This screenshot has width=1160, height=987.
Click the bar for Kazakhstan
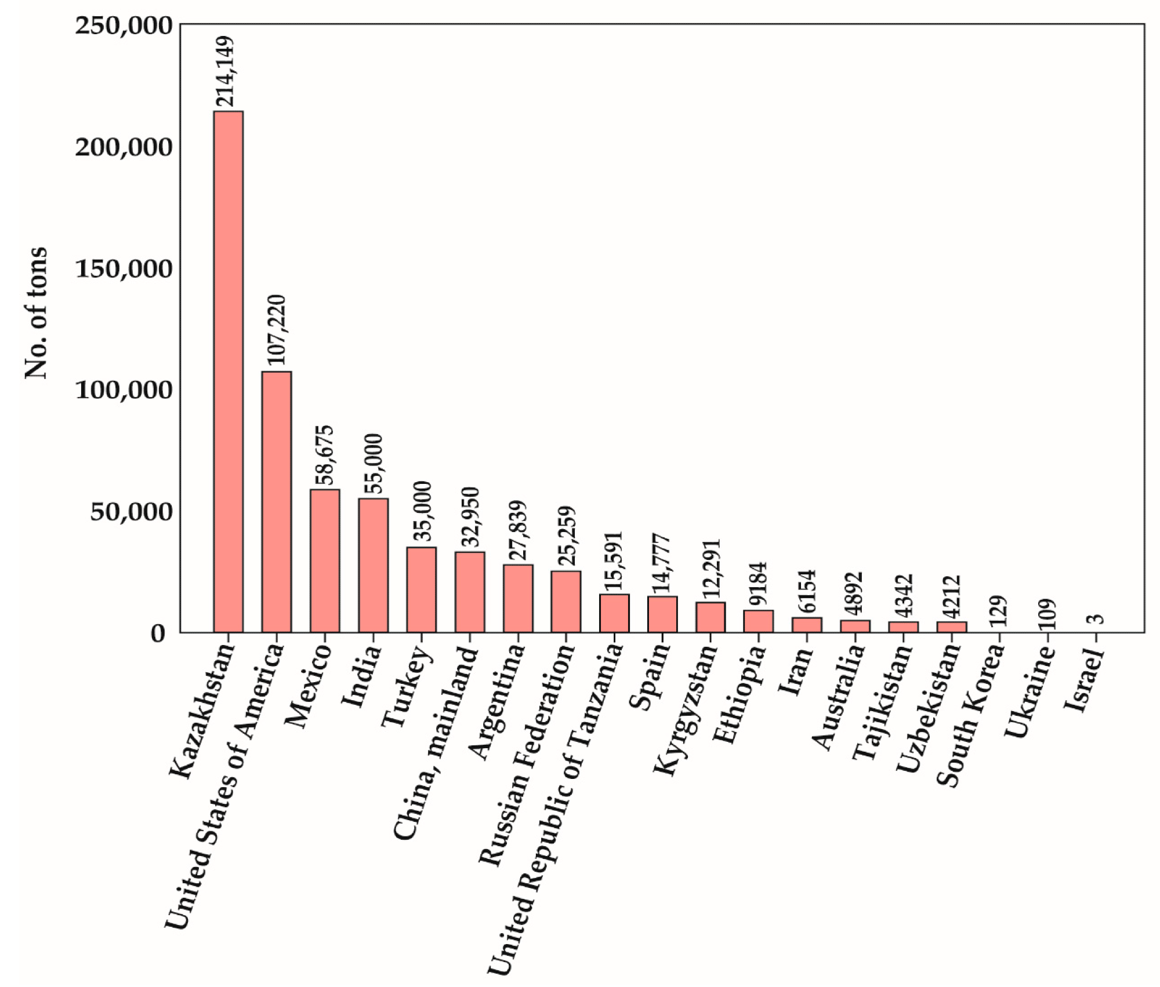pos(228,371)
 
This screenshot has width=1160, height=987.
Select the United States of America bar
pos(277,501)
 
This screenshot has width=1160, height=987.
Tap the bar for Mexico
pos(325,560)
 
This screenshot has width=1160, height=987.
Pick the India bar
pos(373,565)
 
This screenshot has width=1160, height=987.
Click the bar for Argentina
pos(518,598)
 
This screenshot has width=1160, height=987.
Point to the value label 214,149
pos(225,72)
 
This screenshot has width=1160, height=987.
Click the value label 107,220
pos(277,330)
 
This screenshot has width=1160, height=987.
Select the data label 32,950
pos(470,517)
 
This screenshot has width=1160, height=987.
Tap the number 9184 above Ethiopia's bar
pos(758,584)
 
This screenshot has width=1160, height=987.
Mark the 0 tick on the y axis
pos(158,633)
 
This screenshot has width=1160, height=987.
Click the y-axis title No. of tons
pos(36,313)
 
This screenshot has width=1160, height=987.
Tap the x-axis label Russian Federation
pos(527,753)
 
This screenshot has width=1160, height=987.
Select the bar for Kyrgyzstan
pos(710,617)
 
